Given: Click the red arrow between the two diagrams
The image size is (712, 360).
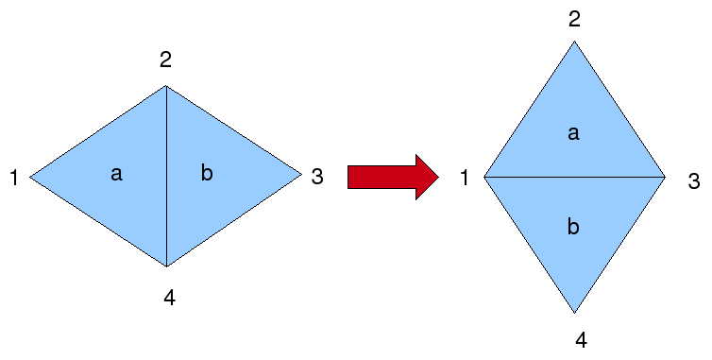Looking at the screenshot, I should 392,177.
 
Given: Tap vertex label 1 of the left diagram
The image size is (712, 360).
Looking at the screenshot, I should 14,178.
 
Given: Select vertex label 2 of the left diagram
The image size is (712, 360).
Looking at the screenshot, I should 165,60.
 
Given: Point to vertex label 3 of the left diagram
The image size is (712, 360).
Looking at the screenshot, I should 317,176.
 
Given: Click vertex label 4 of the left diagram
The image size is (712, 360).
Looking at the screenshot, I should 169,299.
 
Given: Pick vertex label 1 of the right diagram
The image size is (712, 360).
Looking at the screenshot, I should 465,178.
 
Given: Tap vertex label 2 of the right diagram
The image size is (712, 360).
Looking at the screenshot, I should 574,19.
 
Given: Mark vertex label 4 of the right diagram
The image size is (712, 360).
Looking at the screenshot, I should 581,340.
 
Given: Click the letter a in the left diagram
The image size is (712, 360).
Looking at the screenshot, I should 116,174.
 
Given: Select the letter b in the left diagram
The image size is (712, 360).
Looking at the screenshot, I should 208,173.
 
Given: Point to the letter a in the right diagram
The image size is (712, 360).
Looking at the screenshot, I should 573,134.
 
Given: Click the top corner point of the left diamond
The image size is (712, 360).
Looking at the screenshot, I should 167,86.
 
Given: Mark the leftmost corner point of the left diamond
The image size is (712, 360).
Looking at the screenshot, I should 30,177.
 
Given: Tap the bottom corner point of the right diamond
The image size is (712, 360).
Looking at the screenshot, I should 574,313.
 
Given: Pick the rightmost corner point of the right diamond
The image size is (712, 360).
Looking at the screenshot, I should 665,177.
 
